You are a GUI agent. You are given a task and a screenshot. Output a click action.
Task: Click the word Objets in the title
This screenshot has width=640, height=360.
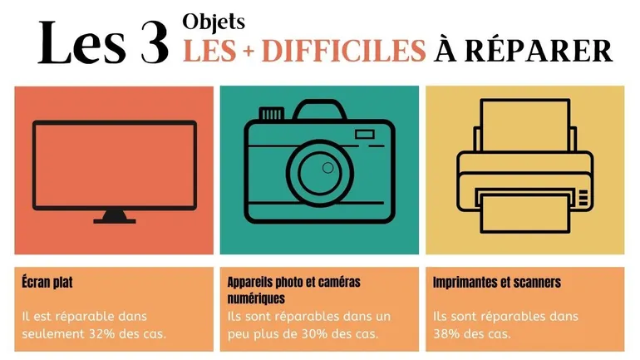(x=214, y=22)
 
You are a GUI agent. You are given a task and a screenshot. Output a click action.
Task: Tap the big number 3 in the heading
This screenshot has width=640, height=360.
(x=155, y=44)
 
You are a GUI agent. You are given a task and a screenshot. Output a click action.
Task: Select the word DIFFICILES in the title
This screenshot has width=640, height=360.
(x=343, y=50)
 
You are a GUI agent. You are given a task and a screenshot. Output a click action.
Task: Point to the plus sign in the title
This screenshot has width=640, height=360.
(x=249, y=51)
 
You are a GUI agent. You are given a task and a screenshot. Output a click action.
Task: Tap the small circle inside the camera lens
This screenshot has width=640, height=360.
(x=327, y=168)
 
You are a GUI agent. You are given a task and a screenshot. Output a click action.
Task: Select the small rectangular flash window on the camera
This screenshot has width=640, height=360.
(x=365, y=135)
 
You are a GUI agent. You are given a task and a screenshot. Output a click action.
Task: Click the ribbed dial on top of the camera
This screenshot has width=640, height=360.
(x=272, y=113)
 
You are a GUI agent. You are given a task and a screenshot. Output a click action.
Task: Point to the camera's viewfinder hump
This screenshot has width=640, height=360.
(x=320, y=110)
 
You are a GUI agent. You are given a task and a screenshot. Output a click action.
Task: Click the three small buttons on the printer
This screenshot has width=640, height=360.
(x=583, y=198)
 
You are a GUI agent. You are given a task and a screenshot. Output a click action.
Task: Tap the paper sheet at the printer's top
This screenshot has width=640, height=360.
(x=525, y=125)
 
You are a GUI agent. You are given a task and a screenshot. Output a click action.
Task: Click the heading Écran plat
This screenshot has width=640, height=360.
(x=47, y=282)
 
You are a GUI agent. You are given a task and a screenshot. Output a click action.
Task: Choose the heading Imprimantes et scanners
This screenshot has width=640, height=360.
(x=497, y=282)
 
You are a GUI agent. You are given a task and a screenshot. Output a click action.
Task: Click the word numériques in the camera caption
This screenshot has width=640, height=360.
(x=256, y=298)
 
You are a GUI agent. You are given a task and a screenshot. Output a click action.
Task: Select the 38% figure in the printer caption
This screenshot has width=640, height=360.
(x=446, y=333)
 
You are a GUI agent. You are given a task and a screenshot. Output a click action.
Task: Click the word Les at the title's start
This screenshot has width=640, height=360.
(x=82, y=43)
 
